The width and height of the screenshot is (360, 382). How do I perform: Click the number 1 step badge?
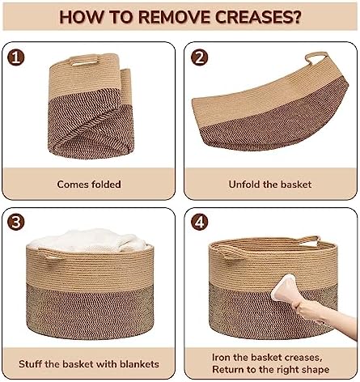coord(15,57)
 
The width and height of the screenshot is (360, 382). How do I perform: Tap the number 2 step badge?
coord(199,57)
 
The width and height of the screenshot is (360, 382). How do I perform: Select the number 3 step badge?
coord(15,222)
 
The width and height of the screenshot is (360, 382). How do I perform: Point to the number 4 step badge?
coord(199,222)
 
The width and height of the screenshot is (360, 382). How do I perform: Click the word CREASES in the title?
coord(257,17)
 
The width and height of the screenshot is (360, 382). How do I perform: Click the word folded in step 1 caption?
coord(106,185)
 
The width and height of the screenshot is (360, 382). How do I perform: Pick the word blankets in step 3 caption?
coord(139,364)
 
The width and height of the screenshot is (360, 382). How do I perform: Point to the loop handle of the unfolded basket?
coord(317,57)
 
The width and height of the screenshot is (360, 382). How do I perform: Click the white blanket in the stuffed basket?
coord(87,240)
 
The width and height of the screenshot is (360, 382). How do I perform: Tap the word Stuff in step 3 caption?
coord(30,364)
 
